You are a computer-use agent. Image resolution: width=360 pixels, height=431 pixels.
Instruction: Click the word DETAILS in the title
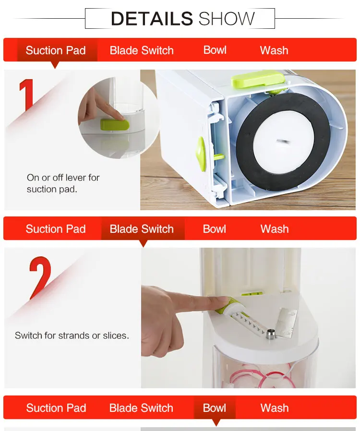click(152, 18)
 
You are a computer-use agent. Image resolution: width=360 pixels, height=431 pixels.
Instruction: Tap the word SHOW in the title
click(227, 18)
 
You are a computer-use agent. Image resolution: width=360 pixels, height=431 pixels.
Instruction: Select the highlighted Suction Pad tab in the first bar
click(56, 50)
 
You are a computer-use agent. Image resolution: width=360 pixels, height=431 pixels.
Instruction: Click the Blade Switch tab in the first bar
click(142, 50)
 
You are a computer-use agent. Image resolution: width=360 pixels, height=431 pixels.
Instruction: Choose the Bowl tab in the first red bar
click(215, 50)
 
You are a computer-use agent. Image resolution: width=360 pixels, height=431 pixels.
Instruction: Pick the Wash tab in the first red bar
click(274, 50)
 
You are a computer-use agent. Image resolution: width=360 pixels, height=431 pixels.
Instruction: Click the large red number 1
click(27, 95)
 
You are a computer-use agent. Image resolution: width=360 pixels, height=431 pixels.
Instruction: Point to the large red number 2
click(40, 277)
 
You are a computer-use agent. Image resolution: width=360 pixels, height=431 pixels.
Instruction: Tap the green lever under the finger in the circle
click(115, 124)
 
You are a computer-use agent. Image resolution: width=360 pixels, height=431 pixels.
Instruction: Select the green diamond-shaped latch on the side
click(201, 154)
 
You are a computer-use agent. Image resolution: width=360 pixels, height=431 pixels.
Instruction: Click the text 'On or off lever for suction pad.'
click(63, 183)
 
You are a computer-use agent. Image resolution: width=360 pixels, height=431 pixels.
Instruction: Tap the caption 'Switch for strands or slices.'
click(72, 335)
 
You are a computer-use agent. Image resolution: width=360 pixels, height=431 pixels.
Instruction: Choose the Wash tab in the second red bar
click(275, 229)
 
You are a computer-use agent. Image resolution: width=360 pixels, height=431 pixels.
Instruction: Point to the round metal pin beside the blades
click(270, 334)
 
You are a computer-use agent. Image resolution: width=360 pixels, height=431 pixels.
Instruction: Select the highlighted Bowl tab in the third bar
click(215, 407)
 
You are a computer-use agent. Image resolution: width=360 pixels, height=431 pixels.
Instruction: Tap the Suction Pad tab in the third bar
click(56, 408)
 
